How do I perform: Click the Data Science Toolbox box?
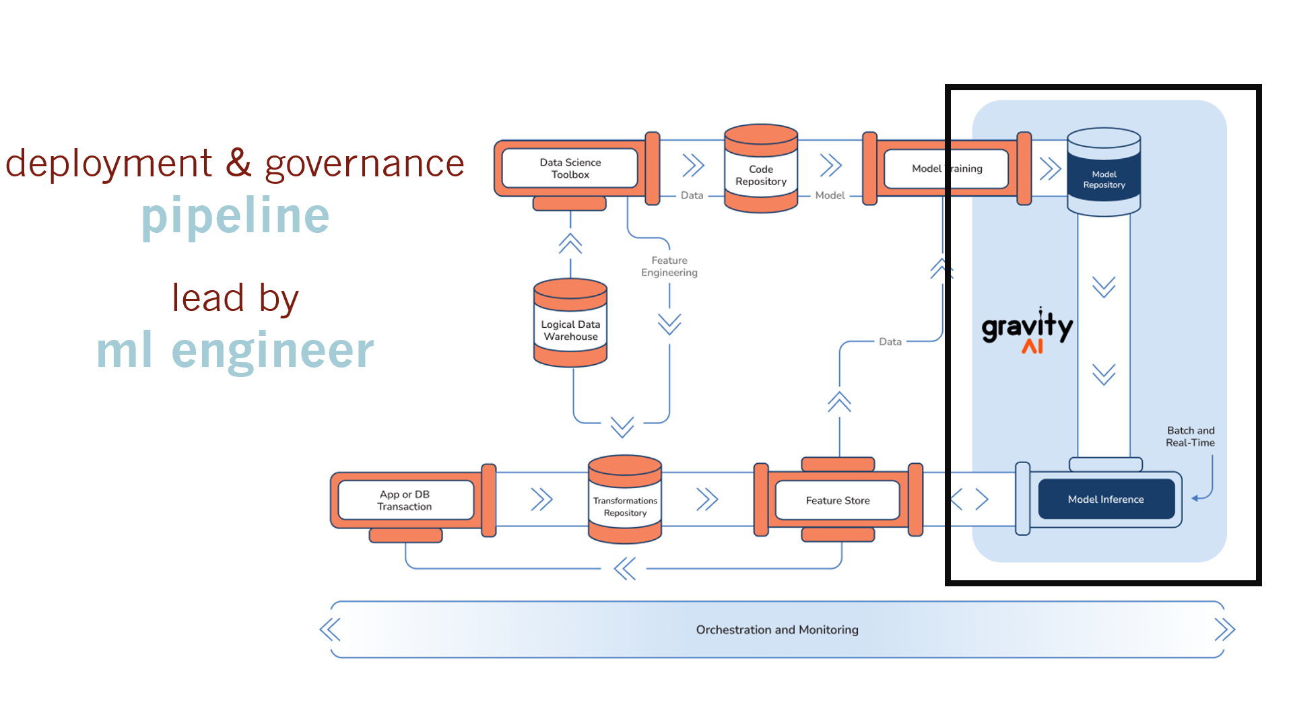tap(570, 168)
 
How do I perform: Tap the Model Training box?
tap(946, 168)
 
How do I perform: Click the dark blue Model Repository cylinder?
tap(1104, 178)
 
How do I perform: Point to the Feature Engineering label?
tap(669, 267)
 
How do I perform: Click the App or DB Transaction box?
tap(405, 500)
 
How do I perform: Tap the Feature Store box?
tap(838, 500)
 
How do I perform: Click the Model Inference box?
tap(1106, 499)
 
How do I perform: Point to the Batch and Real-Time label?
tap(1190, 437)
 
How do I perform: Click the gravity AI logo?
tap(1027, 330)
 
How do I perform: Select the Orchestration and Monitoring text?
tap(777, 630)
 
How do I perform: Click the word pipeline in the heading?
tap(236, 215)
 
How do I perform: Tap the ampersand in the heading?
tap(238, 163)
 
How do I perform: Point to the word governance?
tap(364, 164)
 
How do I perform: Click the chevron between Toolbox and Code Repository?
tap(693, 165)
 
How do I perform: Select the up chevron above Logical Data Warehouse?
tap(570, 243)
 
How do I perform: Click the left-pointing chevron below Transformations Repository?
tap(625, 569)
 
